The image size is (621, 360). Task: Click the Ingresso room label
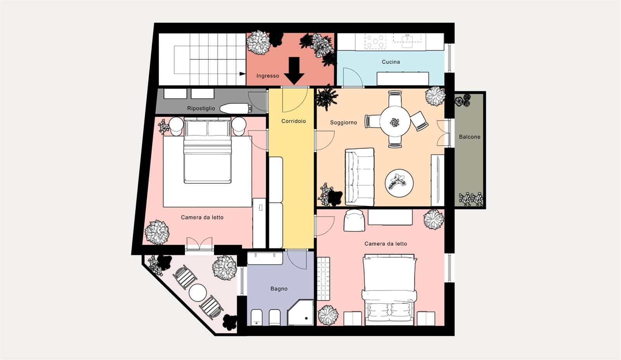[x=267, y=76]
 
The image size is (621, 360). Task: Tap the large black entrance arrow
[x=294, y=71]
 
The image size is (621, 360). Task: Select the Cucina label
[x=390, y=62]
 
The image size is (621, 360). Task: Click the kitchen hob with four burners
[x=375, y=41]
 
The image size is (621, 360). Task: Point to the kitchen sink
[x=407, y=41]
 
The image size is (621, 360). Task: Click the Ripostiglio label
[x=201, y=108]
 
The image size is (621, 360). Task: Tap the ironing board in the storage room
[x=236, y=108]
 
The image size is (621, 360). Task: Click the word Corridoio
[x=293, y=121]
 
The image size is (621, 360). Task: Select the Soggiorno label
[x=343, y=123]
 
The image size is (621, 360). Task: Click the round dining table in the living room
[x=395, y=122]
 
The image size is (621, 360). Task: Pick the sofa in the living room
[x=359, y=177]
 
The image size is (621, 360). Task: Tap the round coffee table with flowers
[x=399, y=183]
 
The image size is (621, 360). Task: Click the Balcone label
[x=470, y=137]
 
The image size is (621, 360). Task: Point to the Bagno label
[x=279, y=289]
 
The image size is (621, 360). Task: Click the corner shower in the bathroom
[x=300, y=313]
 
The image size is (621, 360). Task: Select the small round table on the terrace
[x=198, y=292]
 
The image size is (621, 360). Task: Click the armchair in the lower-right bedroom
[x=354, y=220]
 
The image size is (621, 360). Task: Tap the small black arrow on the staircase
[x=242, y=74]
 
